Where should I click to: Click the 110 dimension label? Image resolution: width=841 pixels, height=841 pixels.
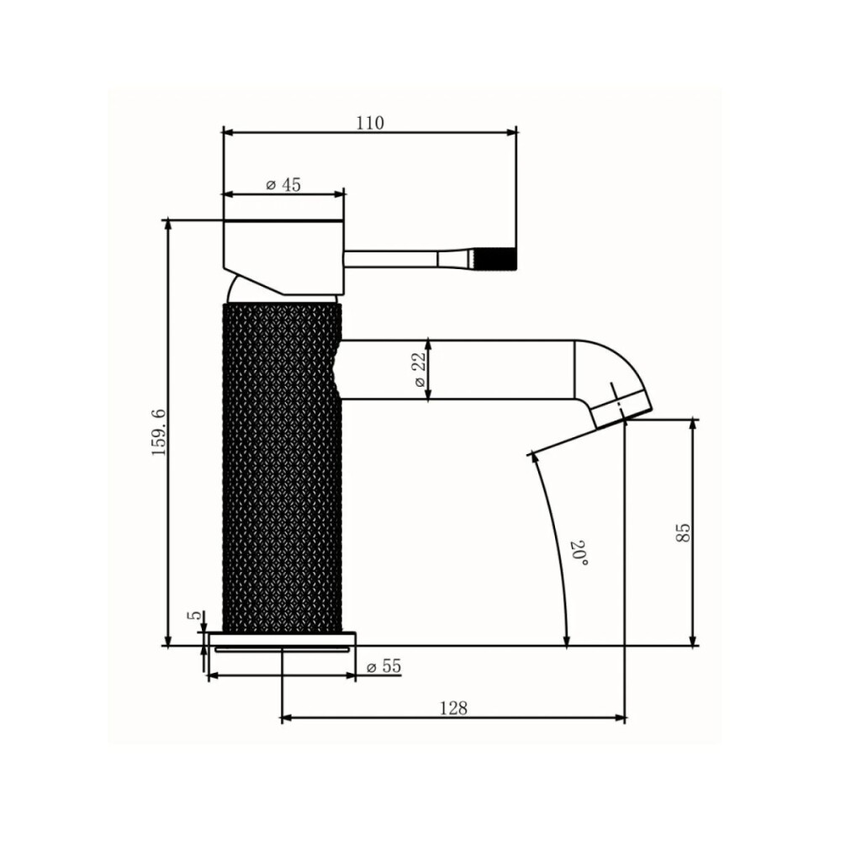(x=371, y=123)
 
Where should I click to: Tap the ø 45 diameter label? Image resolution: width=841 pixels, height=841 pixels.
(x=283, y=185)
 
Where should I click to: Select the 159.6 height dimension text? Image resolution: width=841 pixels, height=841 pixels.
(x=159, y=432)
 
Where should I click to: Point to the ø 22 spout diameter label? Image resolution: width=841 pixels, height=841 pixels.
(x=420, y=369)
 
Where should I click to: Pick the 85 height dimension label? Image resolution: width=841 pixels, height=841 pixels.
(x=683, y=532)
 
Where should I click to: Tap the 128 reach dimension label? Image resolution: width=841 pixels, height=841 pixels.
(x=454, y=708)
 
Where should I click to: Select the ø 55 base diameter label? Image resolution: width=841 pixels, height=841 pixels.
(x=384, y=666)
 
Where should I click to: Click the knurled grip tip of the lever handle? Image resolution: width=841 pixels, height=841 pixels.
(x=496, y=258)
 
